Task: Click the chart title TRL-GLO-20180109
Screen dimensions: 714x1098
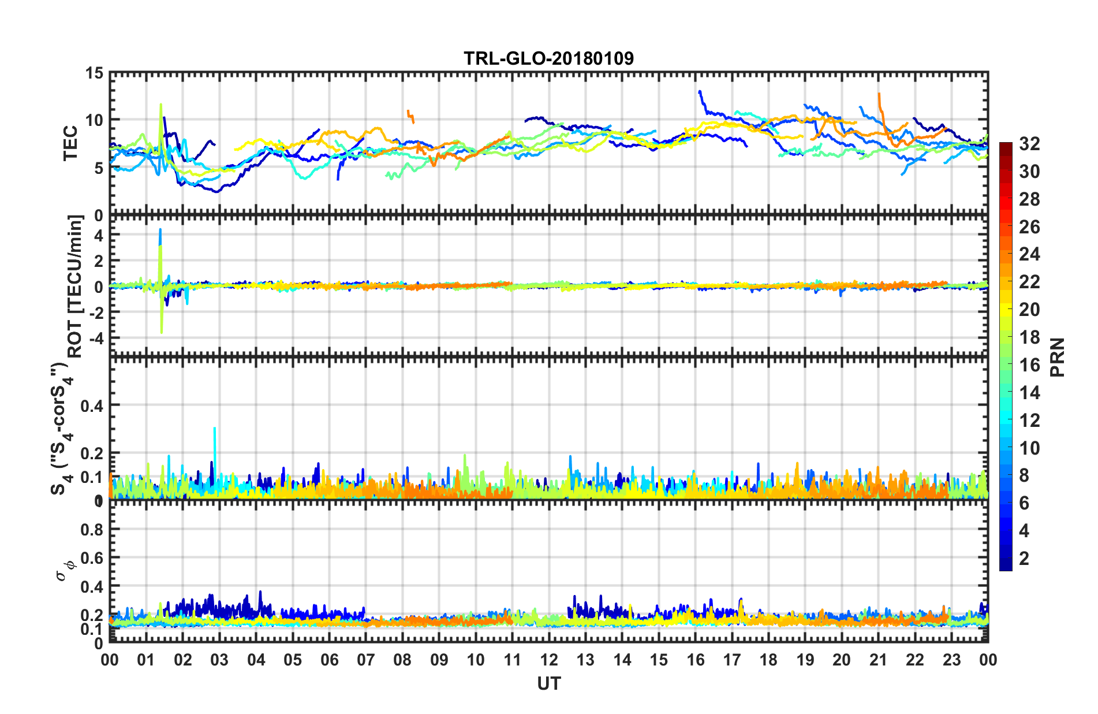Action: (548, 58)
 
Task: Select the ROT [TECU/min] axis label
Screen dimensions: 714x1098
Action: (75, 286)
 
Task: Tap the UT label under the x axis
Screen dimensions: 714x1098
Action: (548, 683)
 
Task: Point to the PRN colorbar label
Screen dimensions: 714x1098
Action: (1057, 357)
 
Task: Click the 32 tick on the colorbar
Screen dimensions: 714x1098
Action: (1029, 144)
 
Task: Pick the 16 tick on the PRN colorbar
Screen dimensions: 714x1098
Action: (1029, 365)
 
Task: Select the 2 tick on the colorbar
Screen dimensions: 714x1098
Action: (1025, 559)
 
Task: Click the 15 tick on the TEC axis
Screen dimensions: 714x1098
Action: (94, 73)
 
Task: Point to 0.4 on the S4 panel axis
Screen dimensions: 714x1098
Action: (92, 406)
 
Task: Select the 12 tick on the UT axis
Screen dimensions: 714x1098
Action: (549, 660)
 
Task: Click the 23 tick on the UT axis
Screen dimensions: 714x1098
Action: (951, 660)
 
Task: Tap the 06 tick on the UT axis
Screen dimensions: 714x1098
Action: (329, 660)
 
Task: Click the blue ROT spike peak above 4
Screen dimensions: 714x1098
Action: (160, 230)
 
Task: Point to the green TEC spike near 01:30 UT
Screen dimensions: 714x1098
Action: (161, 106)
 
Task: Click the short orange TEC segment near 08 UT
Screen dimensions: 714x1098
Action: (410, 116)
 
